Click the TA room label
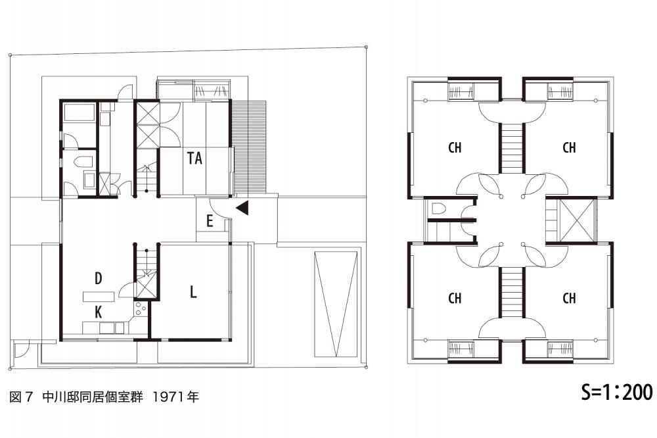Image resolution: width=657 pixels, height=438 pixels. [x=194, y=158]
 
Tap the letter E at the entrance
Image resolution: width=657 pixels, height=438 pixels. [x=210, y=222]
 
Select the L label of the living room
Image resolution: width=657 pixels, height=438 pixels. [x=193, y=292]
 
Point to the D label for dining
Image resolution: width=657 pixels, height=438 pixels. [x=99, y=279]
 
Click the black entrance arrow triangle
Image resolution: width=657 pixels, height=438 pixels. [x=242, y=208]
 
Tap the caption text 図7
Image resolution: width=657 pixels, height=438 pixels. [x=21, y=397]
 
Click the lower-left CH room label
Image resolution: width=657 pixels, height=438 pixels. [x=455, y=298]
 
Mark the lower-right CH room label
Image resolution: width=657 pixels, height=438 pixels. [x=570, y=298]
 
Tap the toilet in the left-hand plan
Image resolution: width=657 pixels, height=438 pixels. [x=84, y=162]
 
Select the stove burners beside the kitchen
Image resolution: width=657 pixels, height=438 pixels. [x=140, y=307]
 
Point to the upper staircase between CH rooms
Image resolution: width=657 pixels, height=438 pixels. [x=510, y=149]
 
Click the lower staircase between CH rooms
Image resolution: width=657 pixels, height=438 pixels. [x=510, y=293]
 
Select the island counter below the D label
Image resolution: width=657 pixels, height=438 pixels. [x=98, y=295]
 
